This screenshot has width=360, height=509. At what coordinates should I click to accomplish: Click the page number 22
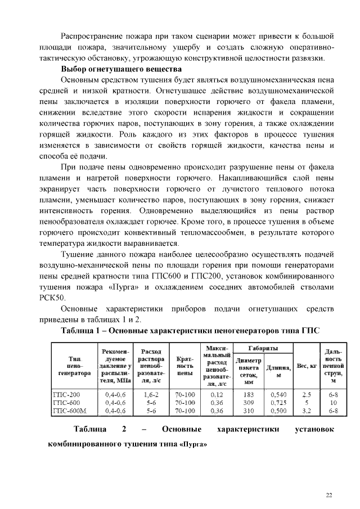click(x=329, y=494)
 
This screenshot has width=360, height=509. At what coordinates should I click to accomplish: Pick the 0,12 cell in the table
click(x=216, y=395)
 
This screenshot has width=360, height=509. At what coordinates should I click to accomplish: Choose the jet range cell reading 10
click(x=332, y=403)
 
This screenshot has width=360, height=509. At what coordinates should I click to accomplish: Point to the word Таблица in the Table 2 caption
click(x=91, y=430)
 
